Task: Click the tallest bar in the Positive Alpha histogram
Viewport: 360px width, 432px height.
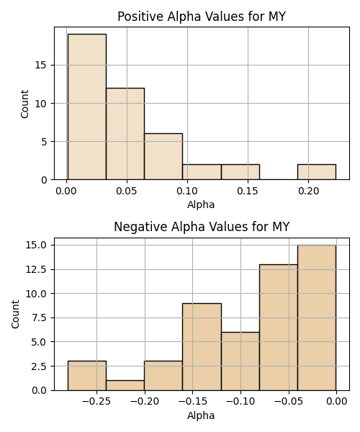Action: pyautogui.click(x=87, y=107)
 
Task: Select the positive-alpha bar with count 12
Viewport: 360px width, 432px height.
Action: pyautogui.click(x=125, y=134)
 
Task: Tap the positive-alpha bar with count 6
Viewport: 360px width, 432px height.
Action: pyautogui.click(x=163, y=156)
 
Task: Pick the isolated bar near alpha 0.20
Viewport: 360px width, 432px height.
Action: pyautogui.click(x=317, y=172)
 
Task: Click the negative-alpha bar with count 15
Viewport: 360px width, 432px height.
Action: pyautogui.click(x=317, y=318)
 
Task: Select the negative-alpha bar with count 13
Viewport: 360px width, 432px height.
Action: pyautogui.click(x=279, y=328)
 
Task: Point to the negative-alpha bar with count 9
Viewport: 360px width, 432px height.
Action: pyautogui.click(x=202, y=347)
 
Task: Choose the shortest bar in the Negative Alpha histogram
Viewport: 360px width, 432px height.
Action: pyautogui.click(x=125, y=385)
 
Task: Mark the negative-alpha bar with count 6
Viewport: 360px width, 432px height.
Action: pyautogui.click(x=240, y=361)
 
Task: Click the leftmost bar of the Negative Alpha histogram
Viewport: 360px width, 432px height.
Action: pyautogui.click(x=87, y=376)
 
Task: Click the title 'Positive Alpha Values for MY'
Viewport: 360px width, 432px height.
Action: pyautogui.click(x=202, y=17)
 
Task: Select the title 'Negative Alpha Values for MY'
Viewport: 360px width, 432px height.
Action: pyautogui.click(x=202, y=227)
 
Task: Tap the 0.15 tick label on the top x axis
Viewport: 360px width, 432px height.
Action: pyautogui.click(x=248, y=191)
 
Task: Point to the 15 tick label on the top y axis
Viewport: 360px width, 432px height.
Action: pyautogui.click(x=41, y=66)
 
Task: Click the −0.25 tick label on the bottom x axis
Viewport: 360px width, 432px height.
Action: pyautogui.click(x=96, y=402)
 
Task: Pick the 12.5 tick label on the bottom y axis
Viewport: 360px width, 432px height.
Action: pyautogui.click(x=36, y=269)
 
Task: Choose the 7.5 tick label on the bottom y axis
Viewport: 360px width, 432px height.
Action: pyautogui.click(x=39, y=318)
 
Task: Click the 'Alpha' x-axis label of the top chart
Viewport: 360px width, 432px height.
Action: pyautogui.click(x=201, y=204)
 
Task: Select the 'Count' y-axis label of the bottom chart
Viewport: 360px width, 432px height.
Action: pyautogui.click(x=15, y=315)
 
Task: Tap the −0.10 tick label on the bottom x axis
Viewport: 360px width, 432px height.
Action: pyautogui.click(x=240, y=402)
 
